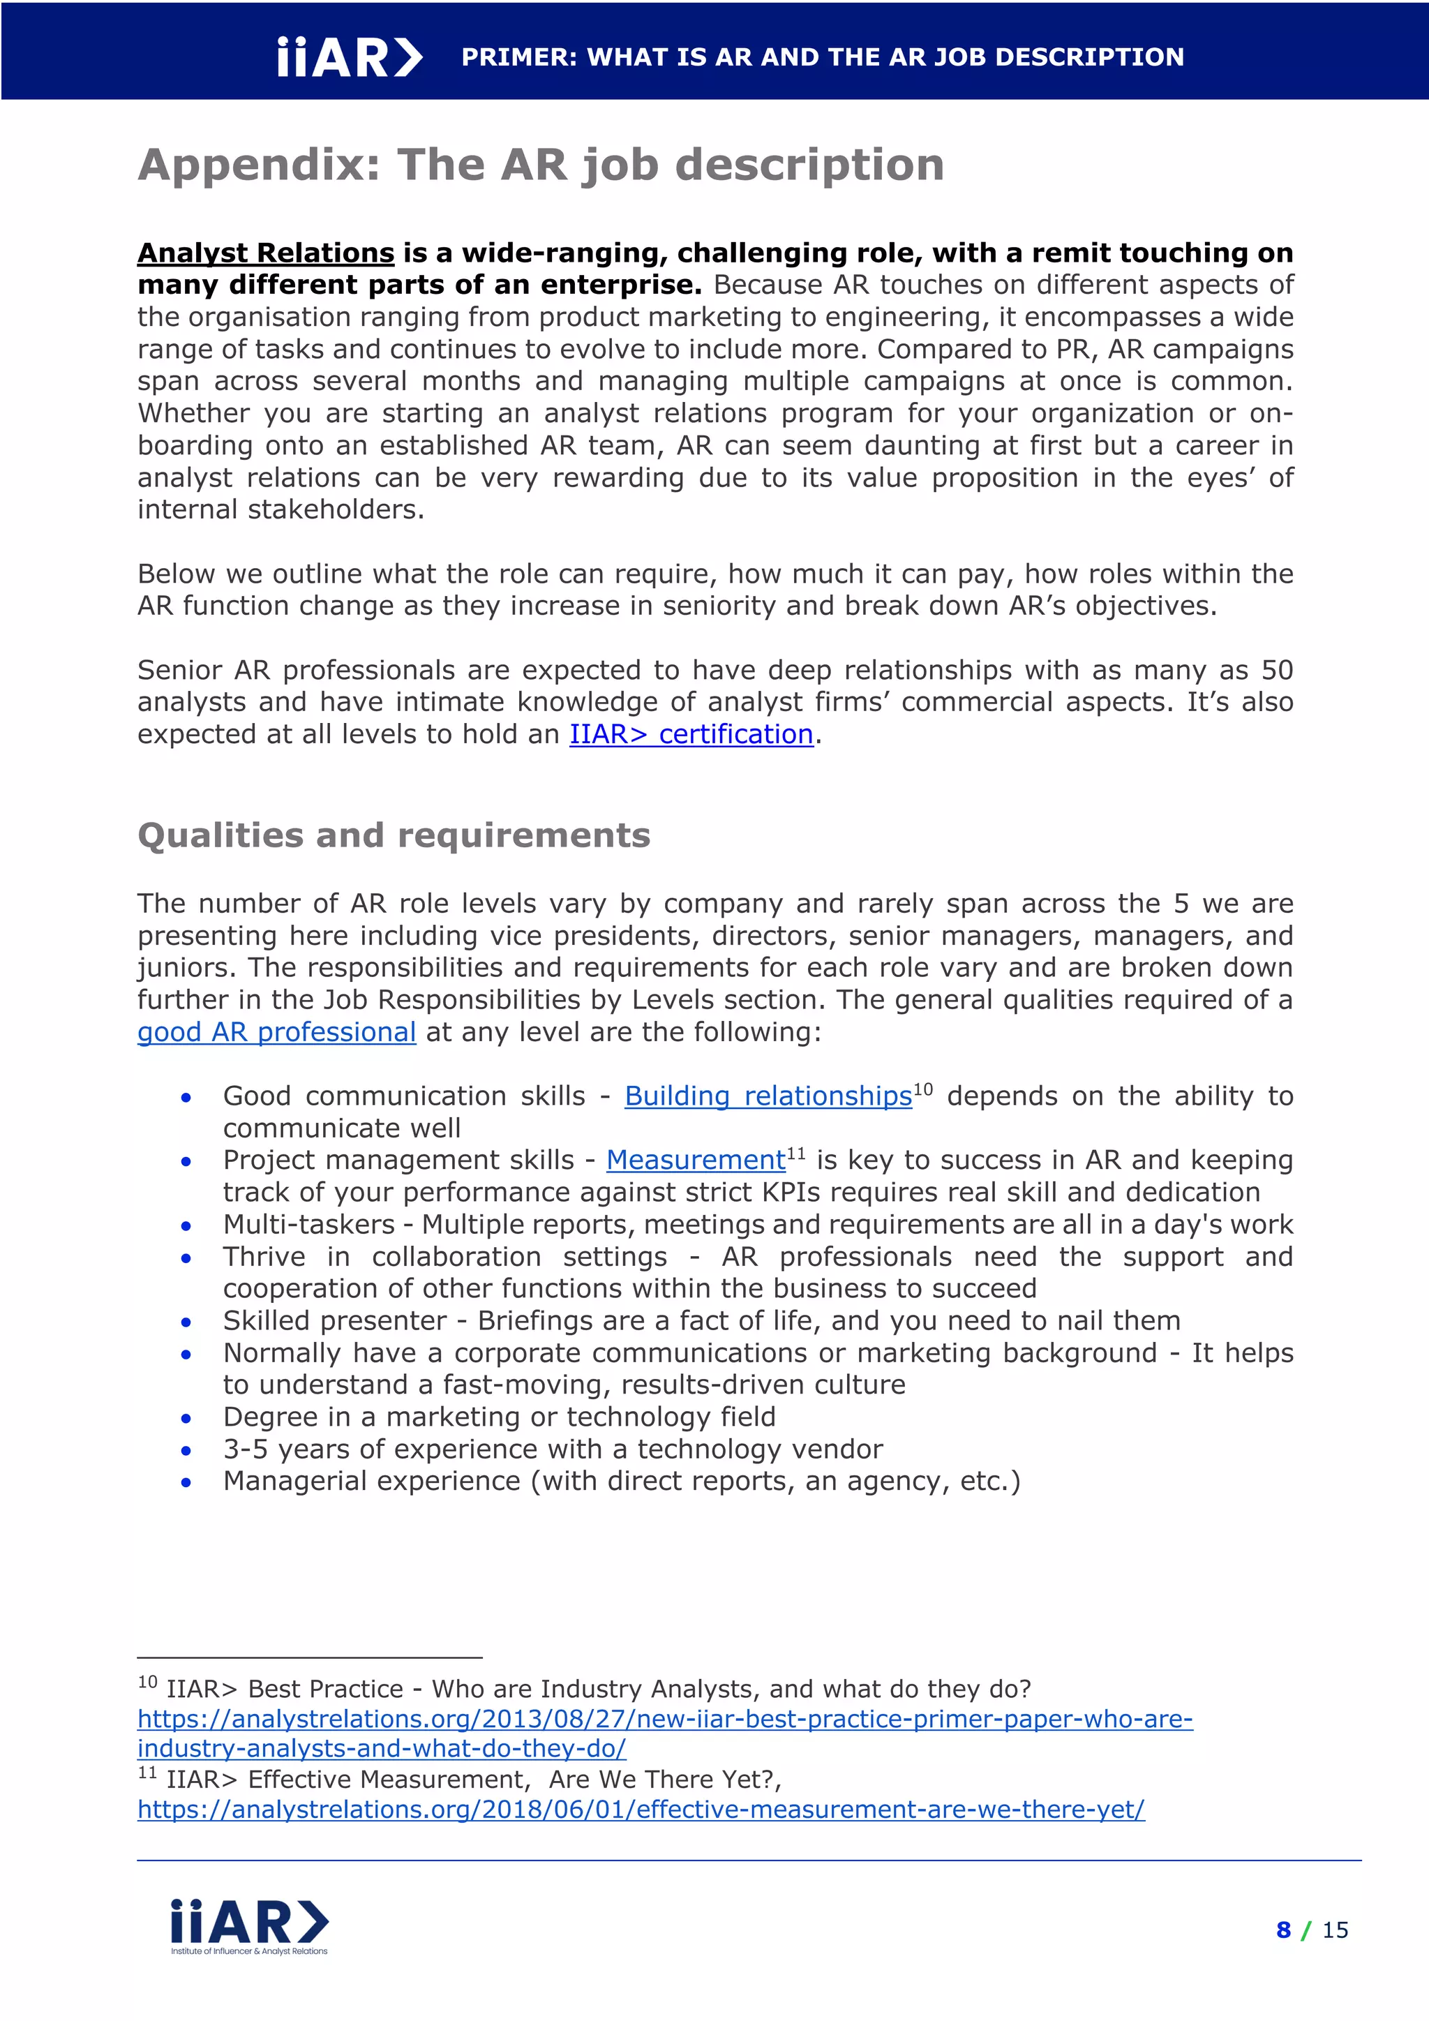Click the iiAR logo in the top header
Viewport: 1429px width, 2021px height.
pos(350,58)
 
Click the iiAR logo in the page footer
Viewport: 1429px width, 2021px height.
pos(249,1926)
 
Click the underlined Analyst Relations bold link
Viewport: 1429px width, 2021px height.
pos(266,253)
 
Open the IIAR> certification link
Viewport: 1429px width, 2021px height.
pos(691,734)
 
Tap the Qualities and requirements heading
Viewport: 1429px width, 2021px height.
pos(394,835)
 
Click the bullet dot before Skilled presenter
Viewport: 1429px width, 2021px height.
pos(186,1322)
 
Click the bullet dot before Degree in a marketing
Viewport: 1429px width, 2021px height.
pos(186,1418)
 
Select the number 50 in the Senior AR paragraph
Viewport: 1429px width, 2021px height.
pos(1277,670)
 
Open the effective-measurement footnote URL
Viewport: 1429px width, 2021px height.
pos(641,1809)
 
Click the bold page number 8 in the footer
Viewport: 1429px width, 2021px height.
pos(1283,1930)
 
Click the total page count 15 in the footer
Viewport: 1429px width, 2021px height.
pos(1335,1930)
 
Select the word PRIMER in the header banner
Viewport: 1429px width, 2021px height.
pos(519,58)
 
